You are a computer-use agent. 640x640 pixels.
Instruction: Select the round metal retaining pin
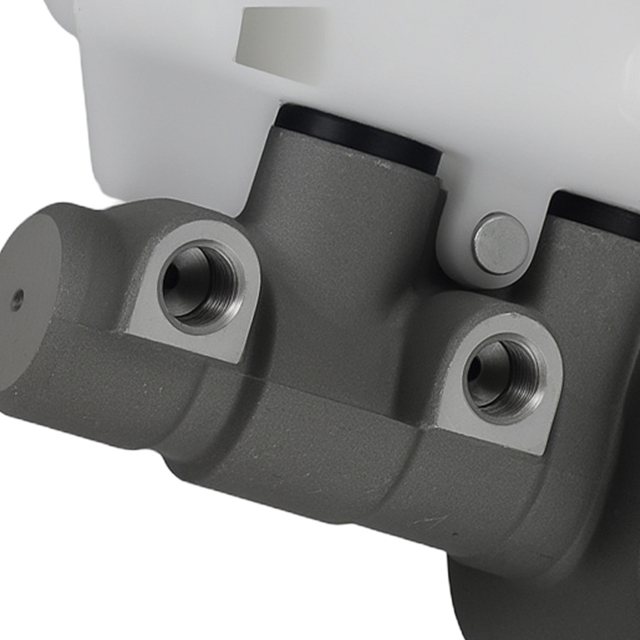click(x=500, y=244)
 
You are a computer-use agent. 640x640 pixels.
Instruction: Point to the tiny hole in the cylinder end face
click(x=17, y=298)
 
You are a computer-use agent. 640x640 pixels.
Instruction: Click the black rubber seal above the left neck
click(x=358, y=138)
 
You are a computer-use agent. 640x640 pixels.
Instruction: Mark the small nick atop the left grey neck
click(x=382, y=164)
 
